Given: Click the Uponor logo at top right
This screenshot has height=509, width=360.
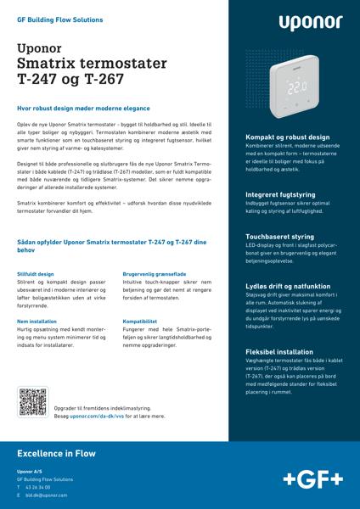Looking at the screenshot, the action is click(x=307, y=23).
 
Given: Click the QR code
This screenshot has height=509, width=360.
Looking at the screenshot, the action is click(x=32, y=400).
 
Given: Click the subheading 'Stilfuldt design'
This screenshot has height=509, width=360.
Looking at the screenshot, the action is click(x=36, y=275).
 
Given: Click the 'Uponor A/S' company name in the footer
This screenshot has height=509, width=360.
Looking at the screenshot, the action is click(x=30, y=472).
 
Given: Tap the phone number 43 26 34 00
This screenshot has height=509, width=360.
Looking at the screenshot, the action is click(x=38, y=489).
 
